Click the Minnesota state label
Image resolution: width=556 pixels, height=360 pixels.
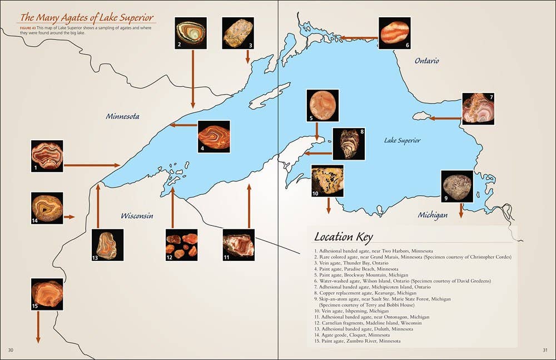coord(122,117)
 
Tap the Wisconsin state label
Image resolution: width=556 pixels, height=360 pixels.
coord(137,216)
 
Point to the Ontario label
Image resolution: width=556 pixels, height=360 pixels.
coord(426,61)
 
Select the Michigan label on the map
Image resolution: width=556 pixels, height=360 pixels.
coord(432,215)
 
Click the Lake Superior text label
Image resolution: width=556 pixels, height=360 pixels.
coord(402,141)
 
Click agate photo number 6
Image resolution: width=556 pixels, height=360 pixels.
coord(394,33)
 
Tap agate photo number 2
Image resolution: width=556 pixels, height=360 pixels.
coord(190,33)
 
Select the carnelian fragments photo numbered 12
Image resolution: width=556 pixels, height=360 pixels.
coord(182,245)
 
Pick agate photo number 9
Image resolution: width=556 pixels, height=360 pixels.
coord(457,186)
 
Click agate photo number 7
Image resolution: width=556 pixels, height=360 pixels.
coord(478,109)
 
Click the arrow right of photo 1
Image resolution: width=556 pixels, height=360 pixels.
coord(92,165)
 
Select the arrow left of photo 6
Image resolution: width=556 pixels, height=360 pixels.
coord(359,38)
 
